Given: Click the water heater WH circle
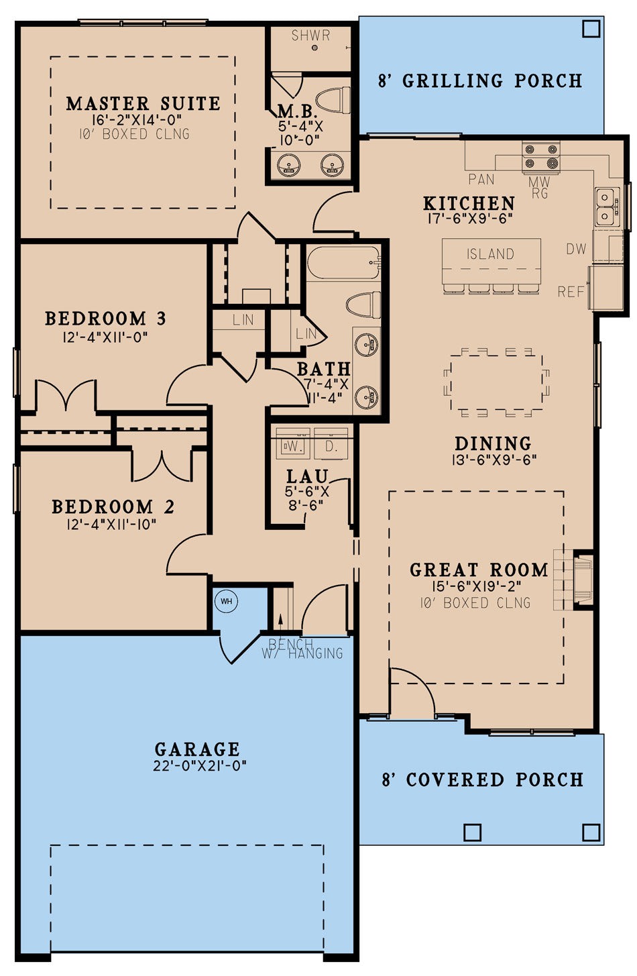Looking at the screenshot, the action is point(226,601).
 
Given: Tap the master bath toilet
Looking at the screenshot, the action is point(333,100).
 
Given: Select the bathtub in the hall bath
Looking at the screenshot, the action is point(343,262).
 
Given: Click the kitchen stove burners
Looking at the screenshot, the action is point(540,156).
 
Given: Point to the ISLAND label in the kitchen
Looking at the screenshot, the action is point(490,254).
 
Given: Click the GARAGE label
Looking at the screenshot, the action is point(197,749).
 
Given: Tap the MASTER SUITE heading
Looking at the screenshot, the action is point(143,103).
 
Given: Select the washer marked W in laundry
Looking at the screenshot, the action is point(293,445).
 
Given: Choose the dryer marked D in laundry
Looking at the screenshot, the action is point(331,445).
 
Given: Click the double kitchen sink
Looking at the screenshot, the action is point(607,207).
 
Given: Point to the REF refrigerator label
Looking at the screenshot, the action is point(571,292).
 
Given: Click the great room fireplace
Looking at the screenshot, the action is point(583,579).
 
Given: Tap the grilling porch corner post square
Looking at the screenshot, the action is point(591,29).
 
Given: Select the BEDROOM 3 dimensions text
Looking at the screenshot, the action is point(105,337).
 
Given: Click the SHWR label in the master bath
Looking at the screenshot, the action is point(310,36).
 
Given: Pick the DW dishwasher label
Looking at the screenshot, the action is point(576,249).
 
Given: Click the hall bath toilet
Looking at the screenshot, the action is point(363,305).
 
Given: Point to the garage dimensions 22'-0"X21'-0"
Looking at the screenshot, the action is point(200,765).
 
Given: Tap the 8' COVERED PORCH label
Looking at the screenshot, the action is point(482,779).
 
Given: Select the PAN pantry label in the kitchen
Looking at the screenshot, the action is point(481,179).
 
